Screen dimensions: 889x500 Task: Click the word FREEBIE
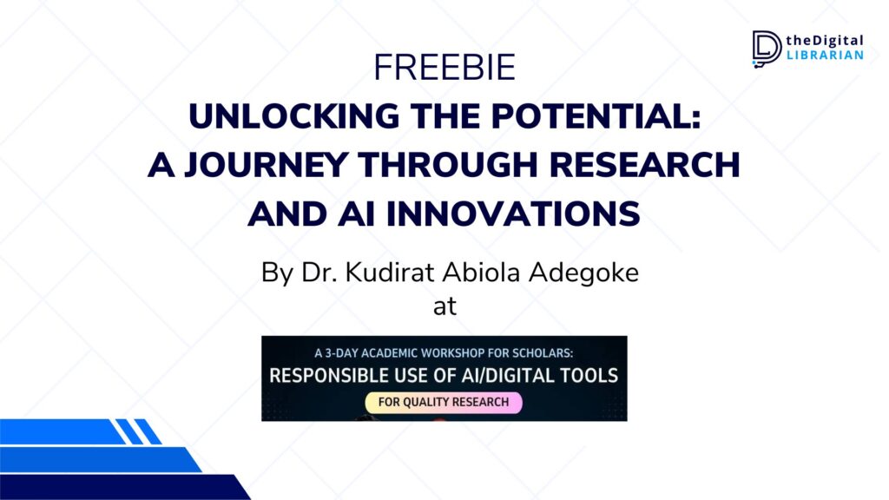click(444, 68)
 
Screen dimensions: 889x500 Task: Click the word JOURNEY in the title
click(266, 165)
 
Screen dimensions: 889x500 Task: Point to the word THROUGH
click(448, 165)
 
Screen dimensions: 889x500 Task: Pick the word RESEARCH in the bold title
click(645, 165)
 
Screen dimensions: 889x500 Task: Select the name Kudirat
click(391, 273)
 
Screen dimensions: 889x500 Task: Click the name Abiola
click(481, 273)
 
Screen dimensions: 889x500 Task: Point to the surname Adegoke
click(584, 273)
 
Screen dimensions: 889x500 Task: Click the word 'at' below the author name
click(444, 306)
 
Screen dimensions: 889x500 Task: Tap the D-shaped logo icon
click(767, 49)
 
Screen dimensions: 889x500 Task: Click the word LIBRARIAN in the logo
click(825, 55)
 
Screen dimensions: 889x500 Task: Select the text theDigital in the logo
click(825, 41)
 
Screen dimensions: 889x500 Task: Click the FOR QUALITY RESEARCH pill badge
click(444, 403)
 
